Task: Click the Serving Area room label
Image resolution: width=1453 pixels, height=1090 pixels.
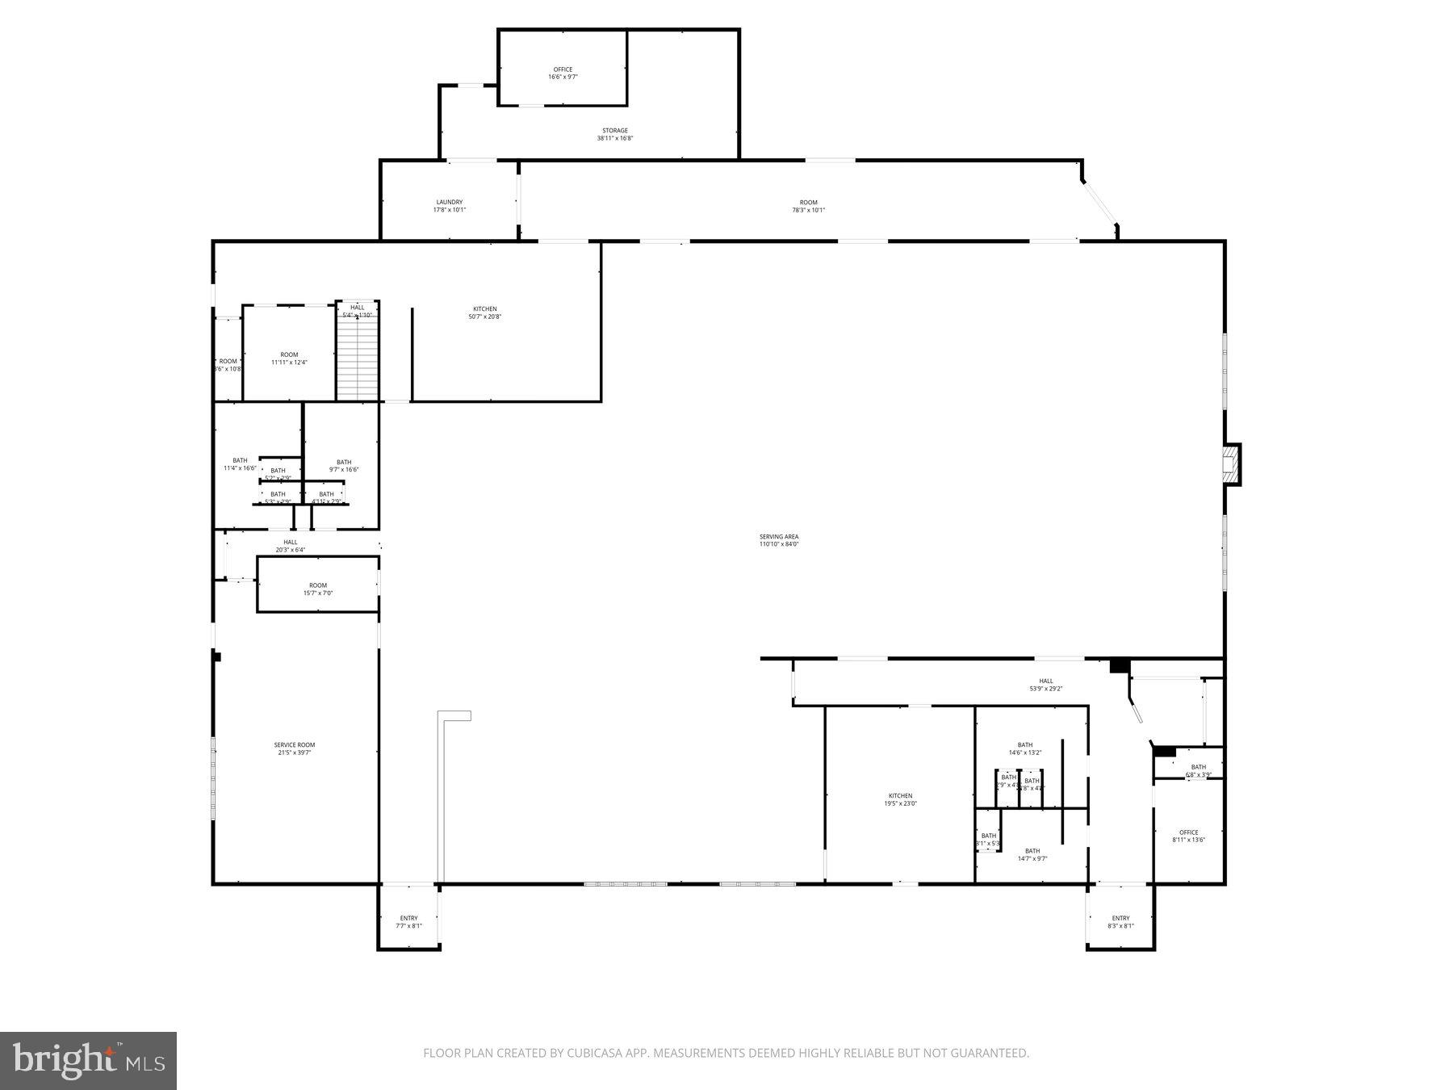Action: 778,540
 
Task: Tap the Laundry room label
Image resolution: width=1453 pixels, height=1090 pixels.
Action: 449,206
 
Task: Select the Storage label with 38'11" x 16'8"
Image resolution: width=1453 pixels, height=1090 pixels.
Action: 614,134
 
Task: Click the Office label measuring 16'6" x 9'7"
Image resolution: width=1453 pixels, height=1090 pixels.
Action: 563,73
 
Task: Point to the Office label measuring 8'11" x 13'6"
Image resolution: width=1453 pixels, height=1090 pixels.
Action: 1188,836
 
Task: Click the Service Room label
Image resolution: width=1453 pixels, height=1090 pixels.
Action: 294,748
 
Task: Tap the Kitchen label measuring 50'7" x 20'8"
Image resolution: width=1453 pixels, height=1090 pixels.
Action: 484,312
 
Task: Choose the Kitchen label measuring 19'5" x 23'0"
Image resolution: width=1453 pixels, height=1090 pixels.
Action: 900,799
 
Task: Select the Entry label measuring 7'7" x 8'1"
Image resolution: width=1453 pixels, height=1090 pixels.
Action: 408,921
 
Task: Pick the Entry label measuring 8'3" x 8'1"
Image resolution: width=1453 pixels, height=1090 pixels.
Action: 1120,921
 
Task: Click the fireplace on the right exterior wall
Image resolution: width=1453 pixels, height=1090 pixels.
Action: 1231,465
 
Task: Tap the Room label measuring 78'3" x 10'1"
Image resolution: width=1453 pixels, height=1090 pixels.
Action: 808,206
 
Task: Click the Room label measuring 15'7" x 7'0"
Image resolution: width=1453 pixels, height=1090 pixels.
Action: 317,589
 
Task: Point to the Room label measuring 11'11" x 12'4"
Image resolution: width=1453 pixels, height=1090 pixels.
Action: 289,358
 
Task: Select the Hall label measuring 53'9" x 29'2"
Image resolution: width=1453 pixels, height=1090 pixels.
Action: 1045,685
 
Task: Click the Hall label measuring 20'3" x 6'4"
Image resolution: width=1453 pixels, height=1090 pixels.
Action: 290,546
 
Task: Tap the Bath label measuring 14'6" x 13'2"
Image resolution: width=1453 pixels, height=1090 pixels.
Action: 1024,748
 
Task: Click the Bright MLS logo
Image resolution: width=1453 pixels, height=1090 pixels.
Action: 88,1060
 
